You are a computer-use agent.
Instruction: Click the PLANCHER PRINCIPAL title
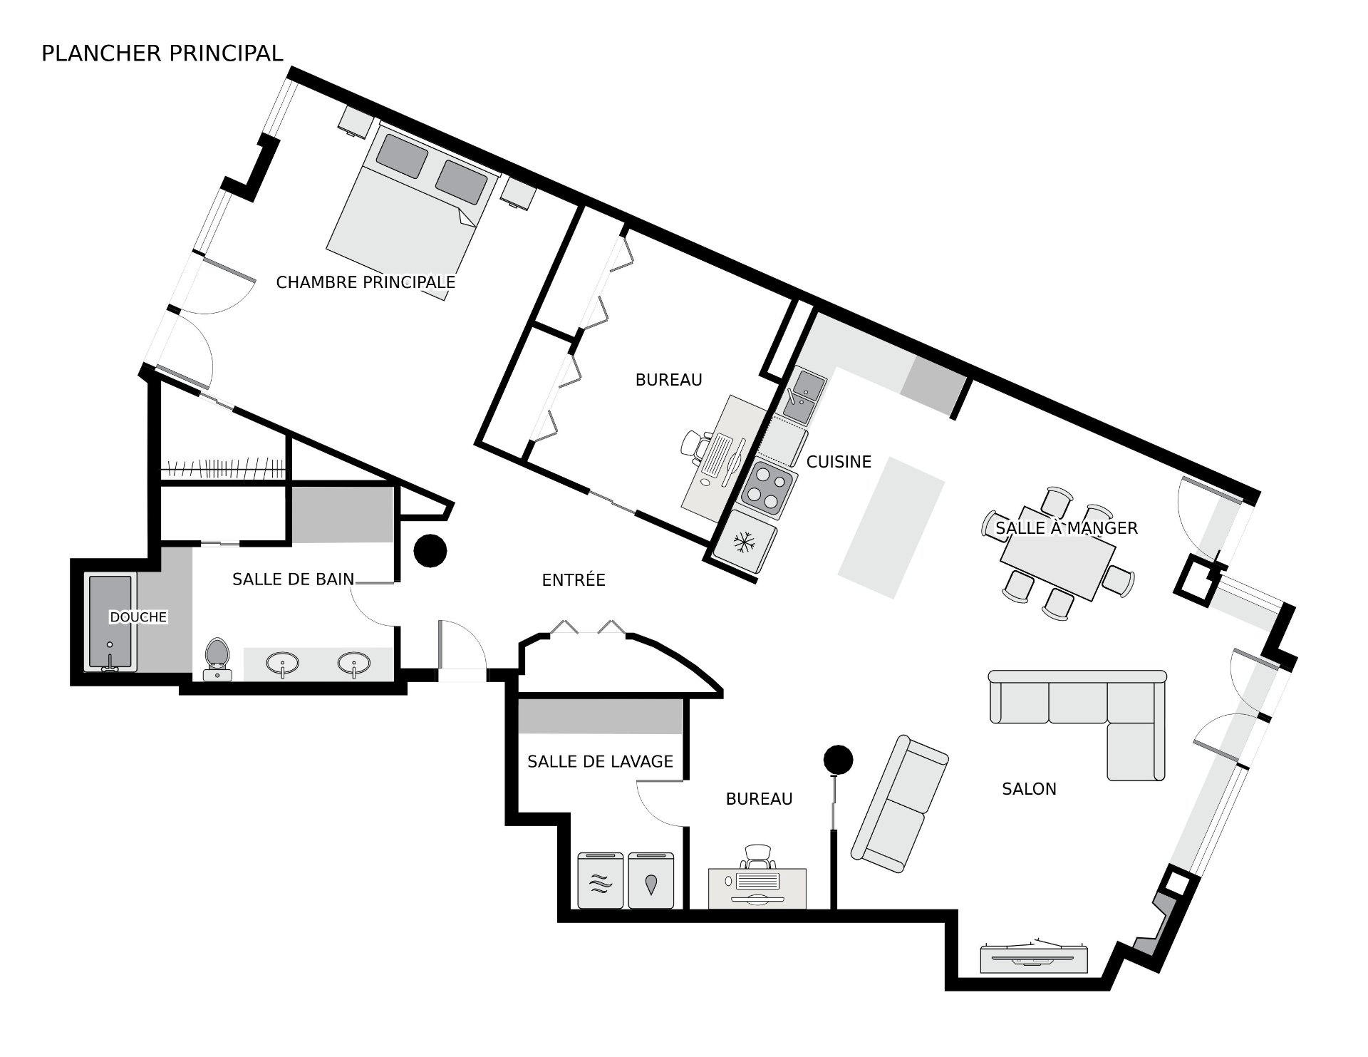(162, 53)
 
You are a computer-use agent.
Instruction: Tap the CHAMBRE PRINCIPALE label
(366, 282)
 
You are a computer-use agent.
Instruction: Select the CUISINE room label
(839, 462)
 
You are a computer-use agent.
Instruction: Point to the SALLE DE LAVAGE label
(600, 762)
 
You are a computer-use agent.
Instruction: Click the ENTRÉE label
(574, 580)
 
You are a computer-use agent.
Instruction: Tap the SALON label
(1029, 789)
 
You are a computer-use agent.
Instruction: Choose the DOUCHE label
(138, 617)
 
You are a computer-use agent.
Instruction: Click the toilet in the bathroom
(217, 659)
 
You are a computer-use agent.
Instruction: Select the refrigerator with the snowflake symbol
(745, 543)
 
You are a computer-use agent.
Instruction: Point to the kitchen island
(891, 528)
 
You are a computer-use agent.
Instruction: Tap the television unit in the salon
(1035, 957)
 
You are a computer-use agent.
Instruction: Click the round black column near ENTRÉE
(430, 551)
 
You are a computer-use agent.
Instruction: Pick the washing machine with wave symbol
(601, 880)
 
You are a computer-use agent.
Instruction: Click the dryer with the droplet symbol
(651, 880)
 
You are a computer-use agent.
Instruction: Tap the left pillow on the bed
(402, 157)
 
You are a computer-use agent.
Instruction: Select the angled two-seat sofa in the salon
(900, 804)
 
